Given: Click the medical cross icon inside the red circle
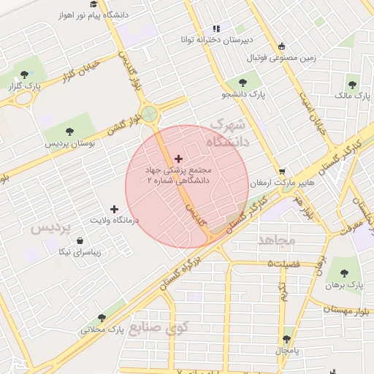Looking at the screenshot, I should click(x=178, y=158).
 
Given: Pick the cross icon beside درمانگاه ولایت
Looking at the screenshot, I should click(x=113, y=209).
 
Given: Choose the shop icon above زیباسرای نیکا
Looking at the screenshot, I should click(x=80, y=241).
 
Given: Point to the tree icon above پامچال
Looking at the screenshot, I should click(x=286, y=339).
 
